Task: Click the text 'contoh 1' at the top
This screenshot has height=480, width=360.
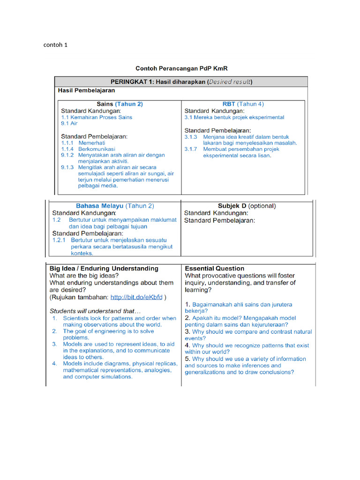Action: (55, 45)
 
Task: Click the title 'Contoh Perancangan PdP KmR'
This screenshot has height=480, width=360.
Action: (181, 68)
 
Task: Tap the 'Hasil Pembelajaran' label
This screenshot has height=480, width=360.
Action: (86, 90)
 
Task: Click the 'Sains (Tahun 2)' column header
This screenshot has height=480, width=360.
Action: (120, 104)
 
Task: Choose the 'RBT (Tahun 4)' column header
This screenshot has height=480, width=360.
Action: (243, 104)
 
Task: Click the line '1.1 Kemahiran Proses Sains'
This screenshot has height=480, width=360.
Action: (97, 117)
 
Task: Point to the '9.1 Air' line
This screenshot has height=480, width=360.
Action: (69, 124)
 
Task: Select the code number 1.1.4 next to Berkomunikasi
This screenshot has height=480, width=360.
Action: (67, 149)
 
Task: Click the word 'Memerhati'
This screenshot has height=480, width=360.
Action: (91, 142)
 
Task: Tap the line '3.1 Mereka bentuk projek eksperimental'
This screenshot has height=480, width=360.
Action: (234, 117)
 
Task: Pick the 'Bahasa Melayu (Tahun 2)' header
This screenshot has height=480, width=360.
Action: (115, 206)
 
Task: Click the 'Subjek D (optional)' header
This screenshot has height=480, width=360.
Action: (247, 206)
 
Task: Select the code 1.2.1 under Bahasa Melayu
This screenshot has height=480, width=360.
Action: (59, 240)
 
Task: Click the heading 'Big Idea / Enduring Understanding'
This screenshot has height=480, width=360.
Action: (104, 269)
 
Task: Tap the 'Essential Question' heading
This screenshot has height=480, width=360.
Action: (214, 269)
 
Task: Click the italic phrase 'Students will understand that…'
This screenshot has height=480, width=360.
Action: (95, 311)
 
